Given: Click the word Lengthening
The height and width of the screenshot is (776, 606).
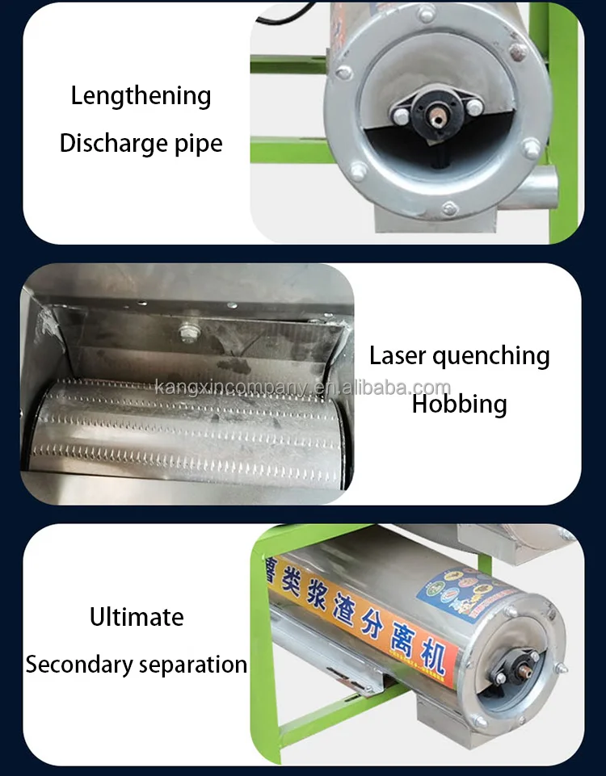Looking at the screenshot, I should [x=141, y=96].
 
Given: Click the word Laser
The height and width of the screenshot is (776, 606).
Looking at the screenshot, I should [x=398, y=355].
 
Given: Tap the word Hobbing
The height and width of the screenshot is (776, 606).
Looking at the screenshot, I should [x=459, y=403].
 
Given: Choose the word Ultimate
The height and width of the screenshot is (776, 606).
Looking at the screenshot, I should [x=137, y=617].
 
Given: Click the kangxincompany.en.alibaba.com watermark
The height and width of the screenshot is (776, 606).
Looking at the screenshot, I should [x=302, y=388].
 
